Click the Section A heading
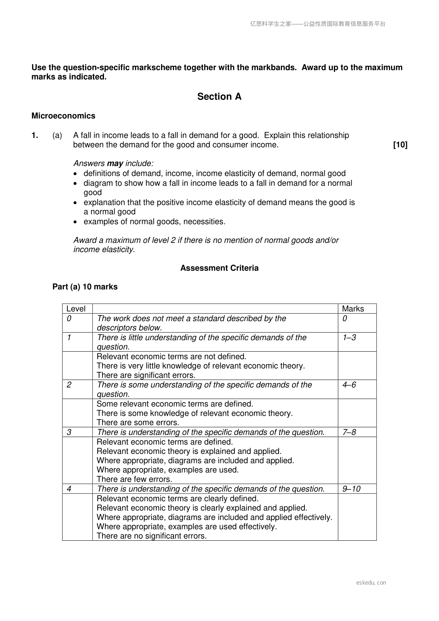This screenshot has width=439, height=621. [219, 97]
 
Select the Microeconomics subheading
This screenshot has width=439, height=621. [63, 116]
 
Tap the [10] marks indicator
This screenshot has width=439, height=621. [400, 145]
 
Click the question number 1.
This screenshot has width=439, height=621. [35, 135]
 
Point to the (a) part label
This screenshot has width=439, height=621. [57, 135]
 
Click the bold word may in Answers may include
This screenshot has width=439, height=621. [115, 163]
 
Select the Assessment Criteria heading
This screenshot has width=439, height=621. [219, 268]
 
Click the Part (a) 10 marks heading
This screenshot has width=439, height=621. [85, 287]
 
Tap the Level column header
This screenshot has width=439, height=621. [76, 309]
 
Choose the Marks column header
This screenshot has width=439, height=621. [353, 309]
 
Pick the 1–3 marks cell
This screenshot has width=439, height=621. [349, 338]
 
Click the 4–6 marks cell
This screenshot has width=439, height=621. [349, 385]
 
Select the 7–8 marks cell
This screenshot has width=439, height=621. [349, 432]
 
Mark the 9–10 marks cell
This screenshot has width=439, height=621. [351, 489]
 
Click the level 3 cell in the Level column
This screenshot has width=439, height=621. [69, 432]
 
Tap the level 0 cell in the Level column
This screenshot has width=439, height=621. [69, 318]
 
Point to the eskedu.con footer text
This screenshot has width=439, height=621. [371, 583]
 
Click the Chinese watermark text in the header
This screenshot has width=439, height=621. [318, 24]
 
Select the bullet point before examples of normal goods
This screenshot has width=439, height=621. [76, 222]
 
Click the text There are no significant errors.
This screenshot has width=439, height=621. [151, 536]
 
